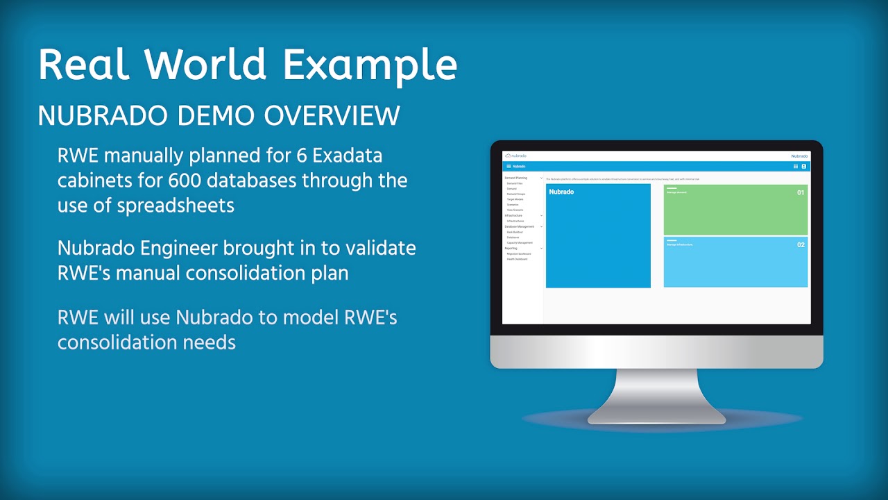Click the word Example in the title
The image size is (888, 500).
click(x=370, y=65)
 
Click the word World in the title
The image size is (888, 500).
click(x=206, y=65)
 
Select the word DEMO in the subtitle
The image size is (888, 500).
click(x=221, y=116)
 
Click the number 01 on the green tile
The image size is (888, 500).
click(x=800, y=192)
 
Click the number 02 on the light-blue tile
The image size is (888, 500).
click(x=800, y=244)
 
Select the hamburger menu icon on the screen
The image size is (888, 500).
click(x=509, y=167)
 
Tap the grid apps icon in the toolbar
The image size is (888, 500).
click(x=795, y=167)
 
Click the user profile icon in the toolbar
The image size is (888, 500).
click(x=803, y=167)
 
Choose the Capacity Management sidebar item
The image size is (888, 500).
click(x=520, y=242)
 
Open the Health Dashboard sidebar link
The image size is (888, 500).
click(x=517, y=259)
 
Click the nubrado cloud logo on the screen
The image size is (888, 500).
click(x=516, y=156)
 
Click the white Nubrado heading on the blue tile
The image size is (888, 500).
click(x=561, y=192)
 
